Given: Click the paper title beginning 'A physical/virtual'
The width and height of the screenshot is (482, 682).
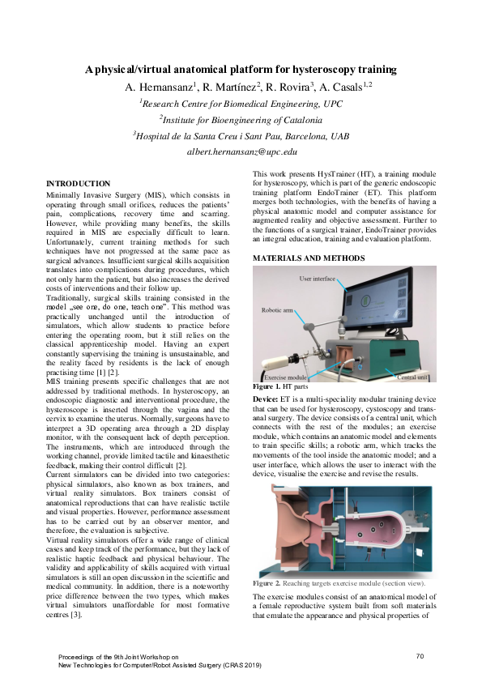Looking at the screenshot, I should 241,70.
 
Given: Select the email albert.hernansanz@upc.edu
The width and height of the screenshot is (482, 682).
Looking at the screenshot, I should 241,151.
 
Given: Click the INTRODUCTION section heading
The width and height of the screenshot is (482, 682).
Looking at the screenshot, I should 78,184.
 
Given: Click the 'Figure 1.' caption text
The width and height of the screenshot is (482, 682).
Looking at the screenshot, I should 267,387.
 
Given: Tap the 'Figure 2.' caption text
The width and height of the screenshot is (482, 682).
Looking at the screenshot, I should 267,582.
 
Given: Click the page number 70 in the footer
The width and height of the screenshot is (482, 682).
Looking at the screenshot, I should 420,655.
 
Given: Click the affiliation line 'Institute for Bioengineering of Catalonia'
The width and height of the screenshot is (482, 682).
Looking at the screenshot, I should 241,119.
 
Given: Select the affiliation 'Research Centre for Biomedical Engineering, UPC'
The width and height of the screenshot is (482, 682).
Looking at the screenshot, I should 241,103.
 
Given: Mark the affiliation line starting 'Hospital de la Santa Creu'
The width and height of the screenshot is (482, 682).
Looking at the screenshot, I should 241,135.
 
